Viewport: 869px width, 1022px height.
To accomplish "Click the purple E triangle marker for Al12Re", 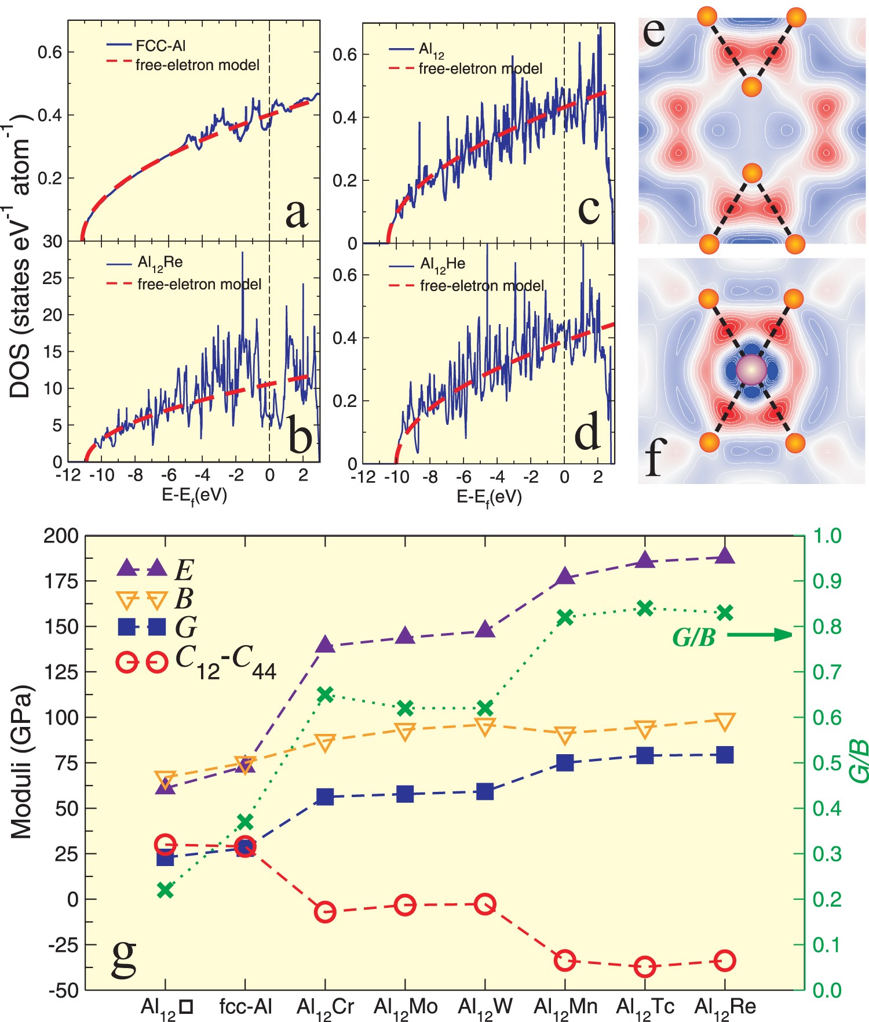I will [x=725, y=556].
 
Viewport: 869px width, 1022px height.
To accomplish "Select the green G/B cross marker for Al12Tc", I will [x=645, y=608].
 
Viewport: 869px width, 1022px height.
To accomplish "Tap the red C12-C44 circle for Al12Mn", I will [x=565, y=961].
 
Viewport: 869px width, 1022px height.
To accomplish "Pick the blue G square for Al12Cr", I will [x=325, y=797].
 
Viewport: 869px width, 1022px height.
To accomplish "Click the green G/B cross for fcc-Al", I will [x=245, y=821].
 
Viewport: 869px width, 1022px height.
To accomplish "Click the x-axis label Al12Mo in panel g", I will [x=405, y=1006].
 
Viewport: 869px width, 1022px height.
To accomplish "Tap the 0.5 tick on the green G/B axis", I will [x=827, y=763].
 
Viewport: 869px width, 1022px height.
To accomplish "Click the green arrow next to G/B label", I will [x=759, y=635].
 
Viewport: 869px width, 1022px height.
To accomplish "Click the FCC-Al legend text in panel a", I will [x=160, y=46].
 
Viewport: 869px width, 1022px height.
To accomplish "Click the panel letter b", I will [x=300, y=436].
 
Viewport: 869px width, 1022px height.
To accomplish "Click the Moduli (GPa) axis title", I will [x=21, y=762].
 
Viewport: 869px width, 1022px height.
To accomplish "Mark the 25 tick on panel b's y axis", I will [x=52, y=278].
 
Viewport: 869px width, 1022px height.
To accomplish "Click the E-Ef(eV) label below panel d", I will [x=490, y=497].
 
